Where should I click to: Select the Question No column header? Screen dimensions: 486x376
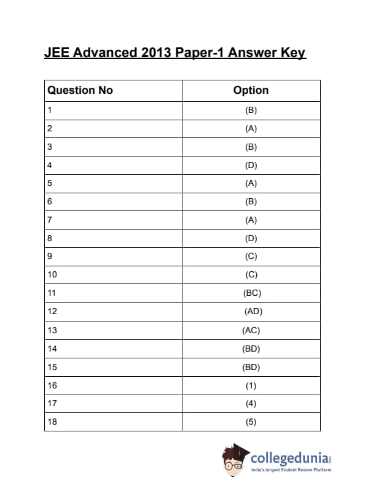pos(80,90)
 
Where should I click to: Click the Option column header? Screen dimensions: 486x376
pos(251,90)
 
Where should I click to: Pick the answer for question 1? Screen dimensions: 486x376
pos(251,110)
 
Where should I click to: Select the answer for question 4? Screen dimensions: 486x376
pos(251,165)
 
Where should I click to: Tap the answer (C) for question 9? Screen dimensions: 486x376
pos(251,256)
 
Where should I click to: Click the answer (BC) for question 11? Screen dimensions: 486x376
pos(252,293)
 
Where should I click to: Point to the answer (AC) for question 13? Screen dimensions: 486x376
pos(251,330)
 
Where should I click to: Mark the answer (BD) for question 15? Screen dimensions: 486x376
pos(251,367)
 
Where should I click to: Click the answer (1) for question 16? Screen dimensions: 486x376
pos(251,385)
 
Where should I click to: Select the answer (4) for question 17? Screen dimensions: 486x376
pos(251,403)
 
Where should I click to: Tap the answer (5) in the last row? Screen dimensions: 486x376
pos(251,422)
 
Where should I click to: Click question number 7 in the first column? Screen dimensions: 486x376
pos(49,220)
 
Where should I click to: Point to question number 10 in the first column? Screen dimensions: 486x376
pos(52,275)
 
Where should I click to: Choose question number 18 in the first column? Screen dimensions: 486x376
pos(52,422)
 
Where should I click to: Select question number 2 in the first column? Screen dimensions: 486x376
pos(49,129)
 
